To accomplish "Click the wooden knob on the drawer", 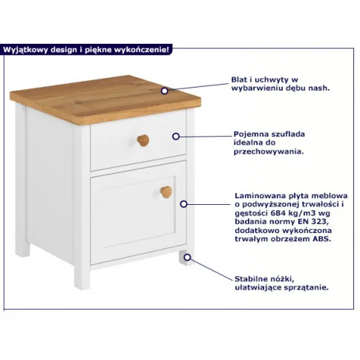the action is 143,140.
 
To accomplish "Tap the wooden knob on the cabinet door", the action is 166,192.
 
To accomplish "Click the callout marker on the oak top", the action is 165,91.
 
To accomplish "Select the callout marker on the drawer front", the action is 176,137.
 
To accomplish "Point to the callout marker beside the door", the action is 183,204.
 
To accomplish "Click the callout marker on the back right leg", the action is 187,258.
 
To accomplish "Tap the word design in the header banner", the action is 64,50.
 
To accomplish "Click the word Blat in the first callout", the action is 239,79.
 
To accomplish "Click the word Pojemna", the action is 252,134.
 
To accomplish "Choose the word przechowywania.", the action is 269,151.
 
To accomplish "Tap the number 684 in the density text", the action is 279,213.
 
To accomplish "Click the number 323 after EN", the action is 321,221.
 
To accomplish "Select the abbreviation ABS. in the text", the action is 322,239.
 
